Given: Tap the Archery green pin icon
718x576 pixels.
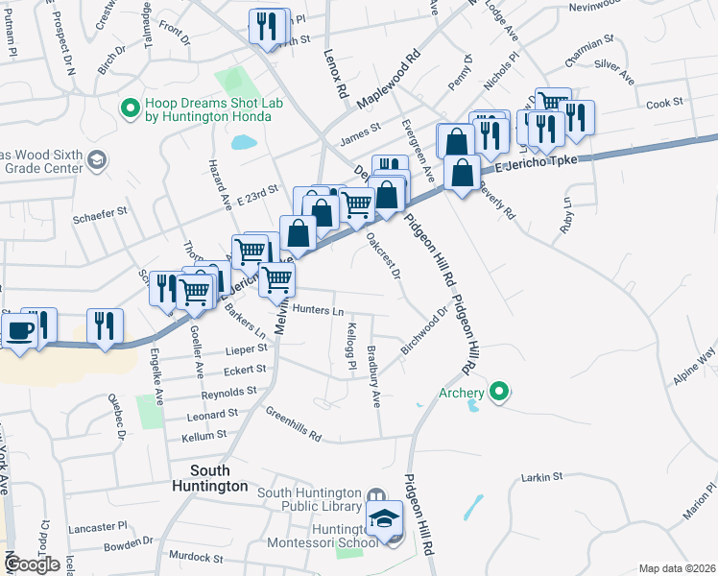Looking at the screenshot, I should click(498, 392).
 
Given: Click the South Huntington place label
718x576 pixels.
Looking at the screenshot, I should click(219, 478).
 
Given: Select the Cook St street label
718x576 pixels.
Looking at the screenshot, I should click(663, 103).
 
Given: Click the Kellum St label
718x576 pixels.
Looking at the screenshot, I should click(208, 435).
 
